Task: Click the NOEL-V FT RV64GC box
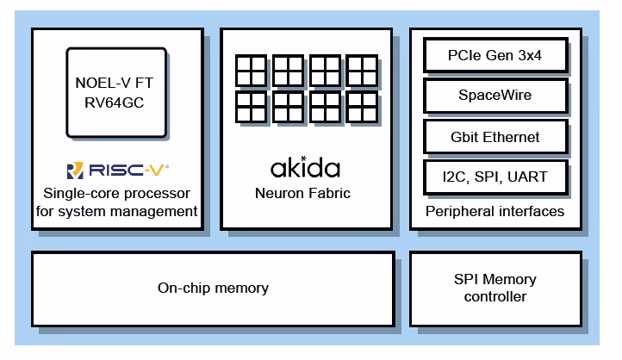click(117, 92)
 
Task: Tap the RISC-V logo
click(117, 170)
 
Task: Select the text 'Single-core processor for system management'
click(117, 202)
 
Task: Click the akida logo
click(305, 167)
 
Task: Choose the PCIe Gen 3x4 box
click(495, 57)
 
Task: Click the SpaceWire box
click(495, 96)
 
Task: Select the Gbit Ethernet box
click(495, 137)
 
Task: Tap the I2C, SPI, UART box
click(495, 177)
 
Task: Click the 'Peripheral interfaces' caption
click(495, 211)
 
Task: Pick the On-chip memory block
click(213, 289)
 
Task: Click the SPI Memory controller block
click(495, 289)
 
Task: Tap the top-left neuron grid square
click(250, 71)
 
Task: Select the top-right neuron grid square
click(362, 71)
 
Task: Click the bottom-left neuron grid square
click(250, 107)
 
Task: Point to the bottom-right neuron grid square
click(362, 107)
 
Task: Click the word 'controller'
click(495, 297)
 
